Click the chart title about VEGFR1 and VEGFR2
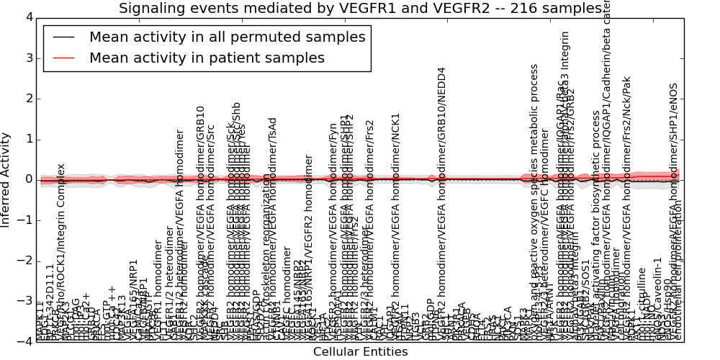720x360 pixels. coord(360,8)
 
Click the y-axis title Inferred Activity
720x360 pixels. coord(6,179)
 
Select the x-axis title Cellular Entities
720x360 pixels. coord(360,351)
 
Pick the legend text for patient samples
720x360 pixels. coord(207,58)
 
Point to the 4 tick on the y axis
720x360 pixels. coord(28,17)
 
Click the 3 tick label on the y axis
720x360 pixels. coord(28,58)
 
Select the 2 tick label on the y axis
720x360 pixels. coord(28,99)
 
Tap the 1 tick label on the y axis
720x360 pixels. coord(28,139)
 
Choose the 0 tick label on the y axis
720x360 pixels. coord(28,179)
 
